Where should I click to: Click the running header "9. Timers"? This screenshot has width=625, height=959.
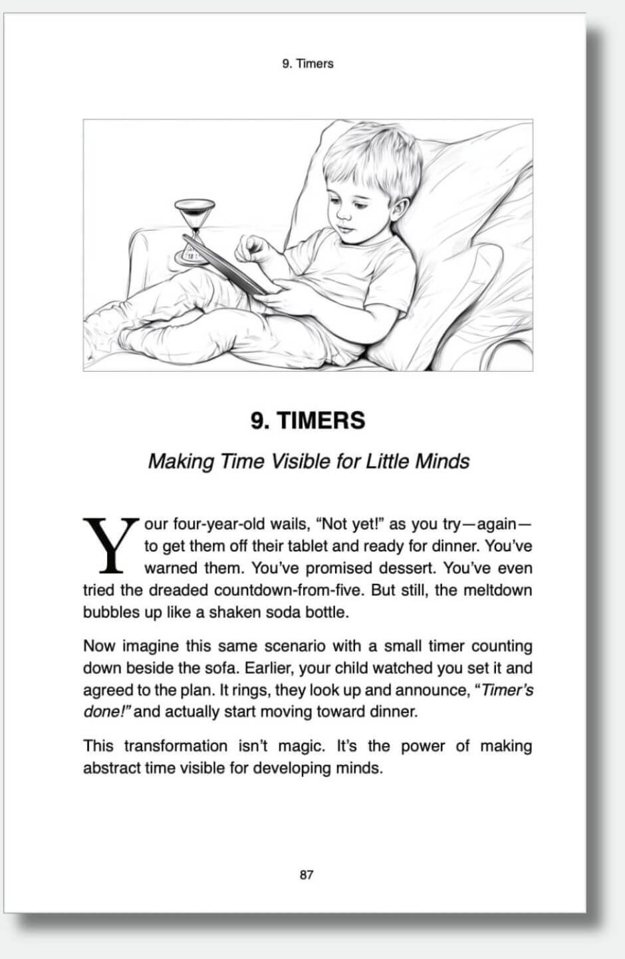(x=307, y=64)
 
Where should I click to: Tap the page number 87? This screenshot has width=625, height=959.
(x=306, y=875)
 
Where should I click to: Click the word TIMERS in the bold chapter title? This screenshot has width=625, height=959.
(x=320, y=420)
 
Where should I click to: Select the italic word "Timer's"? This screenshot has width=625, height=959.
(x=507, y=690)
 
